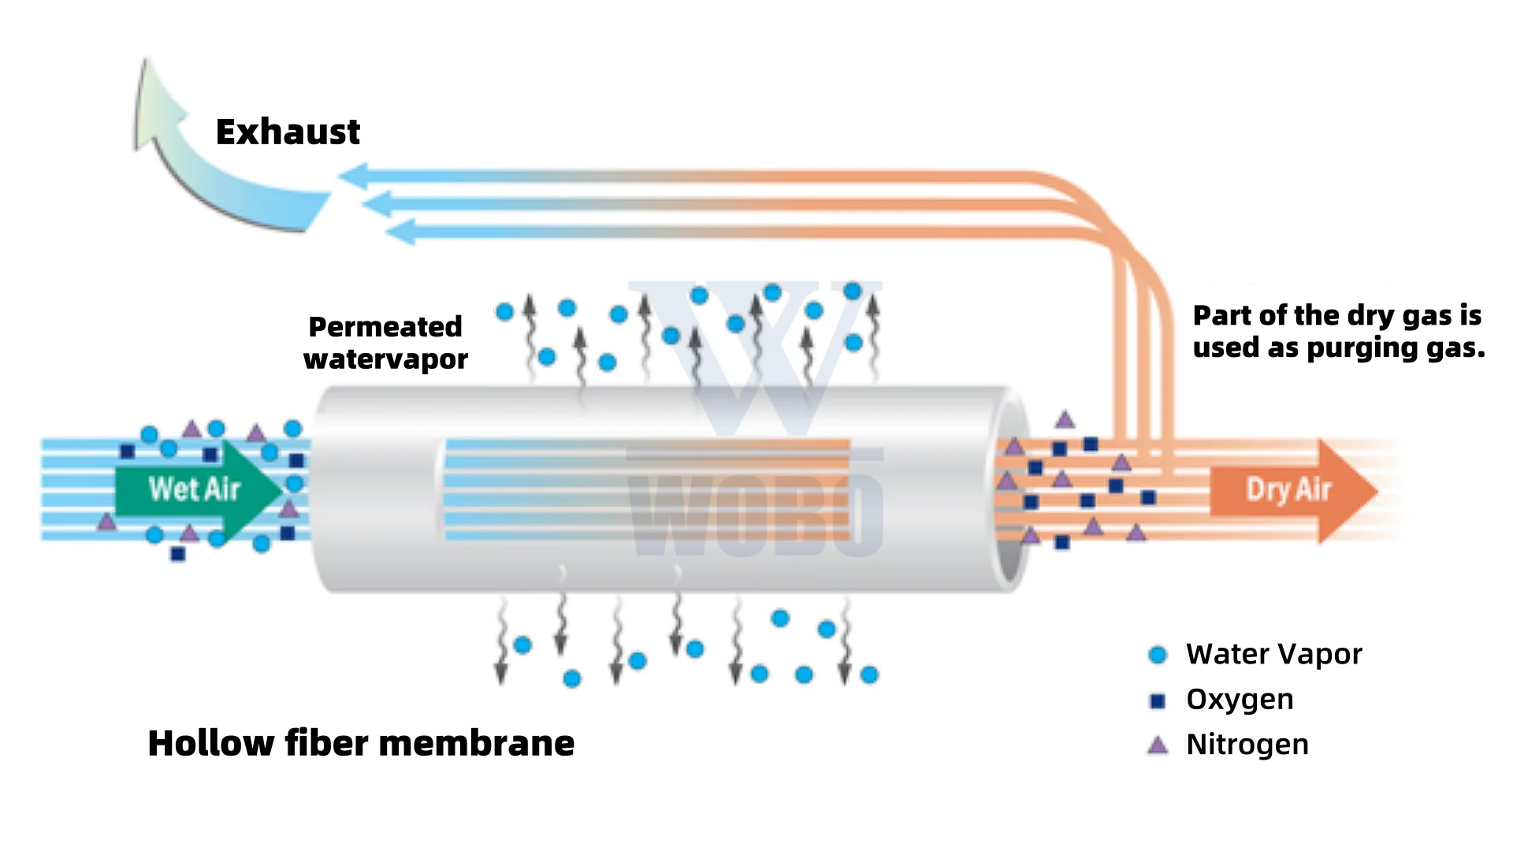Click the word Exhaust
point(288,132)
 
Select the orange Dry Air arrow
point(1292,490)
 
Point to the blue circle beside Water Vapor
point(1158,655)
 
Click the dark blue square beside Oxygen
point(1158,700)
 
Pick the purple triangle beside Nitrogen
point(1158,745)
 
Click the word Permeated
point(385,326)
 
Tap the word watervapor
point(385,359)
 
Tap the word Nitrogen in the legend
point(1247,745)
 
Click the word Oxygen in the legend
point(1240,700)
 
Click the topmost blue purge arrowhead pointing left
point(353,176)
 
